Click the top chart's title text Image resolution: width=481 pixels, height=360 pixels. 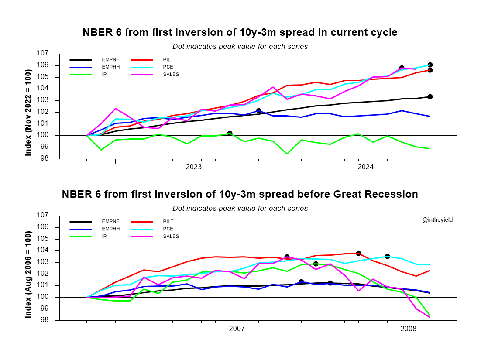click(240, 33)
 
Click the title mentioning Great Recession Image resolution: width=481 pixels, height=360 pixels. click(240, 194)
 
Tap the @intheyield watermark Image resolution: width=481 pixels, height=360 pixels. click(437, 220)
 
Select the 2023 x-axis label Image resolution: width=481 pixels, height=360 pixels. click(193, 167)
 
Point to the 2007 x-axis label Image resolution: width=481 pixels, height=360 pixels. click(237, 328)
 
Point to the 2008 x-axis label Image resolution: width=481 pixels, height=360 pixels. click(409, 328)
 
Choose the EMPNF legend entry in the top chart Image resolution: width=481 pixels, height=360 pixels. click(110, 60)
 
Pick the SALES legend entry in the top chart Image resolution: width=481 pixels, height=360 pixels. click(171, 75)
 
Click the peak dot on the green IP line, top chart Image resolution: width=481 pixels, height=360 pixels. click(230, 133)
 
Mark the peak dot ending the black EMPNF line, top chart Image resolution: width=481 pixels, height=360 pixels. click(430, 97)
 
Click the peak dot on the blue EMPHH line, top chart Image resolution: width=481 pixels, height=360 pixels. click(258, 111)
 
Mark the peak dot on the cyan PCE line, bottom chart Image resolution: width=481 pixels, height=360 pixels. click(387, 257)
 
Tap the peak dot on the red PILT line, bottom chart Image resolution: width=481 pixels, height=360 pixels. click(358, 253)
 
